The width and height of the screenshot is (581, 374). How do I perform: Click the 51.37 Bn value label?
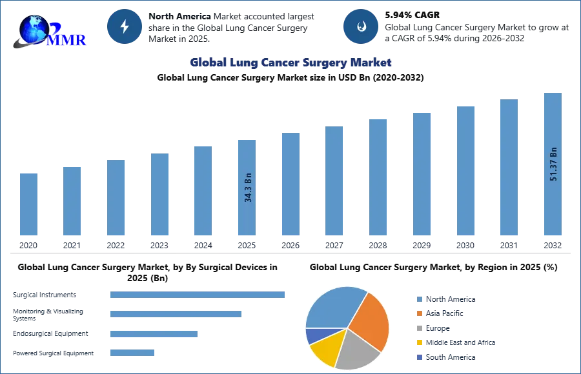click(553, 164)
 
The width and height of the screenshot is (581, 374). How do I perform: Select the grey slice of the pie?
click(357, 350)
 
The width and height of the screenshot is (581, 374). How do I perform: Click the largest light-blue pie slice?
click(333, 306)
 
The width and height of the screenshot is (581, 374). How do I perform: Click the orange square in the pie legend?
click(418, 314)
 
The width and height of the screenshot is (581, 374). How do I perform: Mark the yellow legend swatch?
click(418, 342)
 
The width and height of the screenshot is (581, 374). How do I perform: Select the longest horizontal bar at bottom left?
click(198, 295)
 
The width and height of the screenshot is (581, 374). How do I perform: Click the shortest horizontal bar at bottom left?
click(132, 351)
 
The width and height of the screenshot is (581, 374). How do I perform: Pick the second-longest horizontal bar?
click(175, 315)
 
